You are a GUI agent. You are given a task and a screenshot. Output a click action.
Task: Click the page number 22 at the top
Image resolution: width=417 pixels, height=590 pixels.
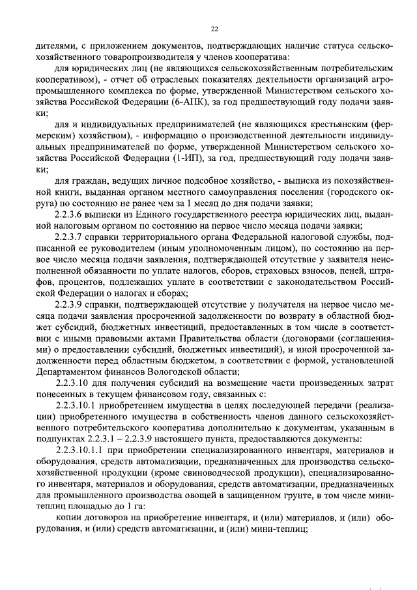click(214, 29)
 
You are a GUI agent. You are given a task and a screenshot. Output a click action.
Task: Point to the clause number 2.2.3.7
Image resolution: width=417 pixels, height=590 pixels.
click(74, 237)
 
